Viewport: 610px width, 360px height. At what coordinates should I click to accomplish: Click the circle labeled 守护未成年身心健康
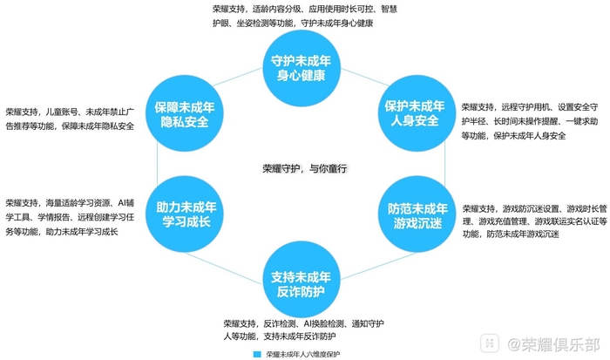301,66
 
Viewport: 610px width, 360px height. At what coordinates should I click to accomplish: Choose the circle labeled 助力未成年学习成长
184,216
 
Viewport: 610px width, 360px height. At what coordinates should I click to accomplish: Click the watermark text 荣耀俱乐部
559,343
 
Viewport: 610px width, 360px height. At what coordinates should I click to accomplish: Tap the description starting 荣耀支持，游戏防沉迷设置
534,221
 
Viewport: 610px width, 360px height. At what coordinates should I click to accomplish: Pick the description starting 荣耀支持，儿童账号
70,119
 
